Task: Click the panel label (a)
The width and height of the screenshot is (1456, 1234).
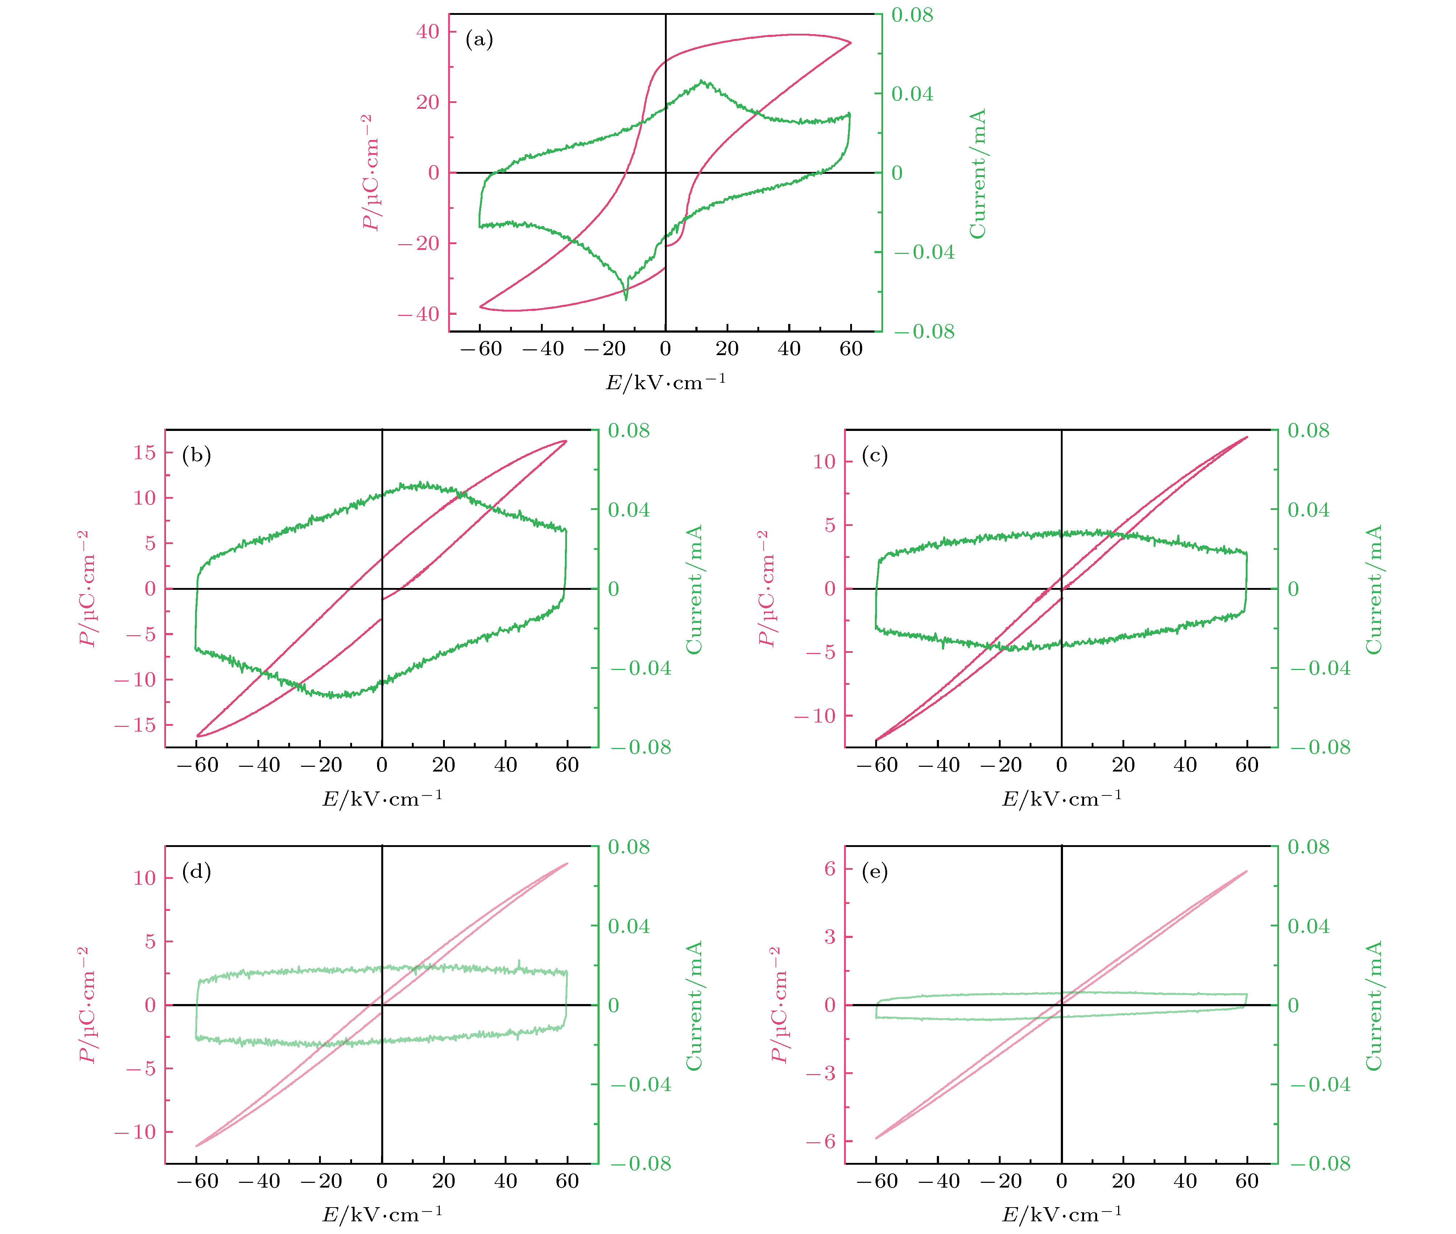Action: [x=479, y=40]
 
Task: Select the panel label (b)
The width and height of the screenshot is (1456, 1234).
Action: [x=196, y=456]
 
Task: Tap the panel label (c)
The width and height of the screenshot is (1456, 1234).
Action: [x=875, y=456]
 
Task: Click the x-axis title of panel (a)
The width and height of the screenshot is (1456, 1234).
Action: [x=665, y=382]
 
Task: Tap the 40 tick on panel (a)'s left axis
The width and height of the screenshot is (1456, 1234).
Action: [x=427, y=32]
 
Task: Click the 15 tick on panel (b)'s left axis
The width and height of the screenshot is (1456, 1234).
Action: [x=145, y=453]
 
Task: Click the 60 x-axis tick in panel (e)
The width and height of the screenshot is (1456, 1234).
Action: [x=1247, y=1181]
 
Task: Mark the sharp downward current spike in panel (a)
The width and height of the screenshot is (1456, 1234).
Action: [x=626, y=299]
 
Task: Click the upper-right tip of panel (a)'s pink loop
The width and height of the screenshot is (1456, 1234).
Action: [x=851, y=43]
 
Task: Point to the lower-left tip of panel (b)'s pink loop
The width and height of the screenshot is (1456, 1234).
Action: [x=198, y=736]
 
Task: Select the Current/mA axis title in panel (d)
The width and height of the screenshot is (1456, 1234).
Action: [x=694, y=1005]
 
